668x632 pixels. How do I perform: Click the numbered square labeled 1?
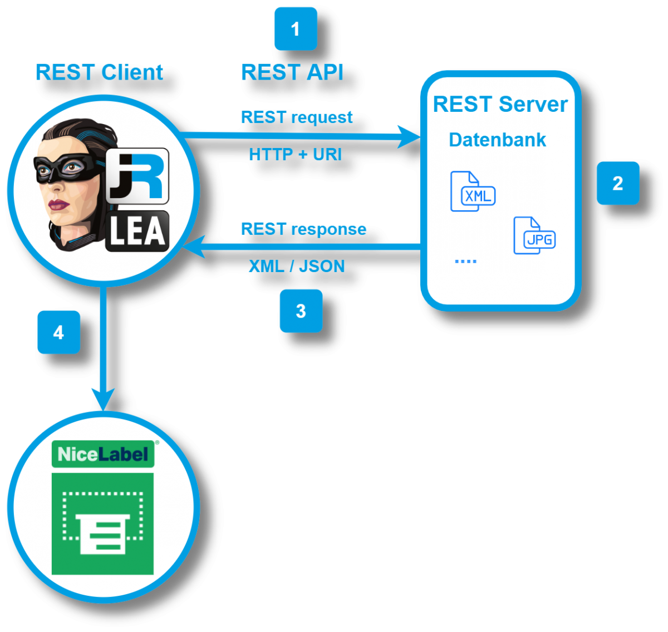click(296, 28)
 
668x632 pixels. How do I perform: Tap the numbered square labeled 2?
click(618, 183)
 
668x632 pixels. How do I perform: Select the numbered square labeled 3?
click(301, 310)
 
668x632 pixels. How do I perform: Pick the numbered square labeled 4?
click(58, 332)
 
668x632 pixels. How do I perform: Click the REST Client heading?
click(99, 72)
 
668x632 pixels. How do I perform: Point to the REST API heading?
click(292, 72)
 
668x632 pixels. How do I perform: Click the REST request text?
click(297, 117)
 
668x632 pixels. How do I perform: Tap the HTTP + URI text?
click(295, 154)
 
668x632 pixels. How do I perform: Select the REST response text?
click(303, 229)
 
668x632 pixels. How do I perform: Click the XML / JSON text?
click(297, 266)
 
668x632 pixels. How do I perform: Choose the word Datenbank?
click(497, 140)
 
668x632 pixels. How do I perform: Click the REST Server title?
click(500, 105)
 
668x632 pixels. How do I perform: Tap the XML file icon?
click(472, 192)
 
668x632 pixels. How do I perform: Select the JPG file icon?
click(534, 236)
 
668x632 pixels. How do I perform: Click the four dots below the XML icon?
click(465, 261)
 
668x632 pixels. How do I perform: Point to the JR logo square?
click(137, 176)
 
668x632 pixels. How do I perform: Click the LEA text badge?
click(137, 231)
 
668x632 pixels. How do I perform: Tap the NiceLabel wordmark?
click(103, 454)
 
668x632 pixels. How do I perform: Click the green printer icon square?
click(102, 524)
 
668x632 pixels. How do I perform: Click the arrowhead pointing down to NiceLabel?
click(103, 399)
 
